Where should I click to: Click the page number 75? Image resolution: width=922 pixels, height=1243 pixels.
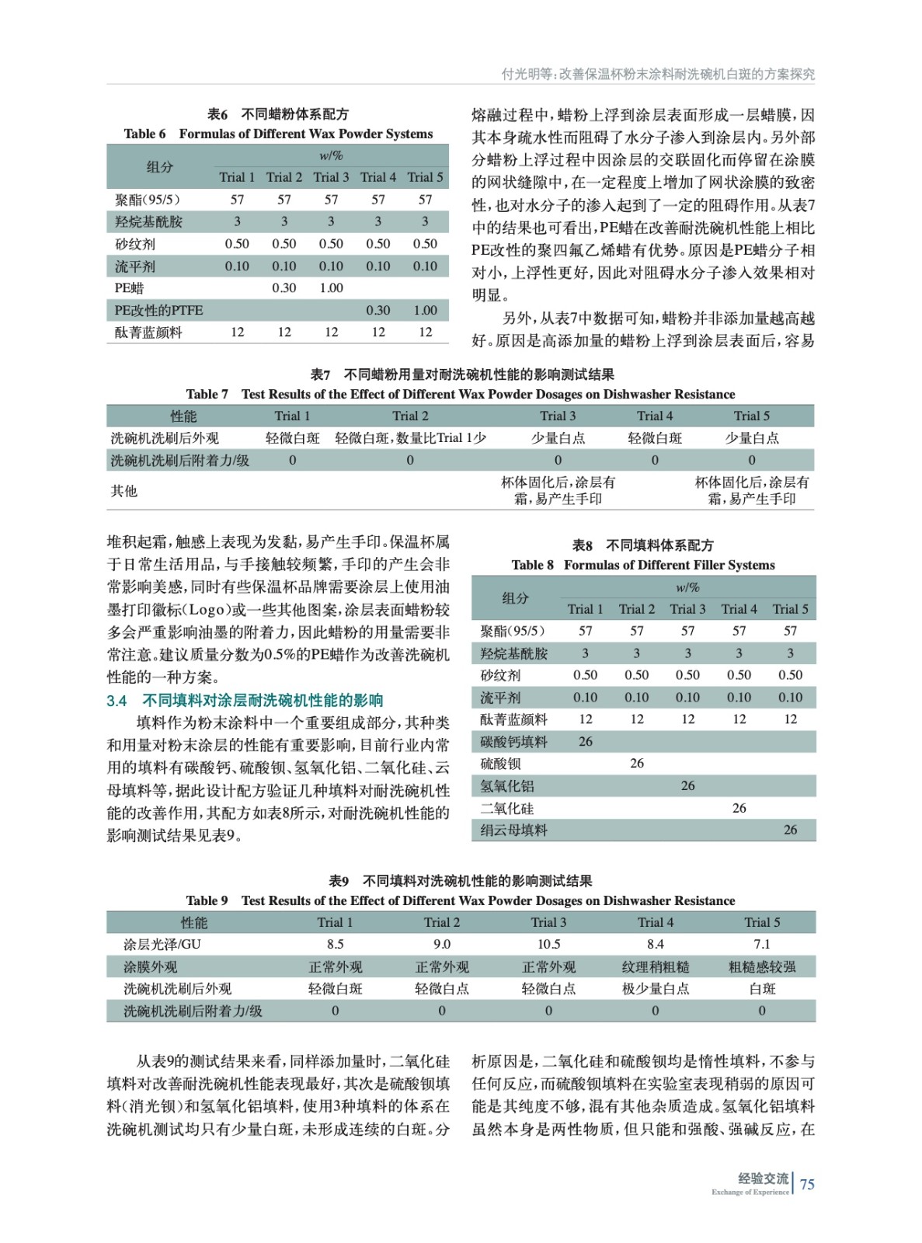click(807, 1184)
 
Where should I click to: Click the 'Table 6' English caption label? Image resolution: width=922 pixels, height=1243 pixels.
click(144, 134)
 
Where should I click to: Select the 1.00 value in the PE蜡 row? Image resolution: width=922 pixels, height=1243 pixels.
click(331, 288)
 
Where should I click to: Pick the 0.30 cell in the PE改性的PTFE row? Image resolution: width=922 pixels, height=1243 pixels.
click(378, 310)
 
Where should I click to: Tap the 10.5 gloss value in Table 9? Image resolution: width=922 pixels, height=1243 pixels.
click(548, 945)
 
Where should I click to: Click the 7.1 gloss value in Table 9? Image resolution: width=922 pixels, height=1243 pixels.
click(762, 945)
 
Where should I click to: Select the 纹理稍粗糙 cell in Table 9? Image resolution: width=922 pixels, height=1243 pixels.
click(655, 967)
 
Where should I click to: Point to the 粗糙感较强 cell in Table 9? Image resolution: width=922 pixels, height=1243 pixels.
click(762, 967)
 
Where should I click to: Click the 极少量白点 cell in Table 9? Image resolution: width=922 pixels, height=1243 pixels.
click(655, 989)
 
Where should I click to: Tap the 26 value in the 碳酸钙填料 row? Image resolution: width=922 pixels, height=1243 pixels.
click(586, 742)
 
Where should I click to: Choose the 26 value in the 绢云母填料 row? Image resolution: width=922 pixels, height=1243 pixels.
click(790, 830)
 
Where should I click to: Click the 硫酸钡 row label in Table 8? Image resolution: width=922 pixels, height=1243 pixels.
click(500, 764)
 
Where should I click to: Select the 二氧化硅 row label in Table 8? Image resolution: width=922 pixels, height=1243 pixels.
click(506, 809)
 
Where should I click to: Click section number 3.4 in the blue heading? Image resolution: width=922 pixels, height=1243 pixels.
click(117, 701)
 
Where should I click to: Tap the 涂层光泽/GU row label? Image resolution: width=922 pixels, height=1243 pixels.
click(162, 945)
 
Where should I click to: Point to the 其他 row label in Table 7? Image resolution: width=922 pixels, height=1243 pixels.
click(124, 491)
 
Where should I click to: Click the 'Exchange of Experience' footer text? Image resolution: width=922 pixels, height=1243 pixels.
click(750, 1193)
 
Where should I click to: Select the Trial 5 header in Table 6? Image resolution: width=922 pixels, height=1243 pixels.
click(425, 177)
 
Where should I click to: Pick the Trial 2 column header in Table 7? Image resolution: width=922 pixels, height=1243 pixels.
click(410, 416)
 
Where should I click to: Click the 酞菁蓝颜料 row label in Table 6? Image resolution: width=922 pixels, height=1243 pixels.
click(148, 333)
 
